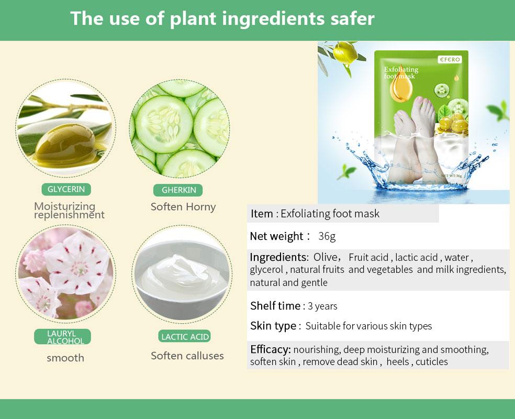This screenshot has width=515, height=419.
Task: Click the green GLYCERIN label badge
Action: click(66, 189)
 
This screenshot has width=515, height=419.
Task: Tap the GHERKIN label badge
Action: click(178, 190)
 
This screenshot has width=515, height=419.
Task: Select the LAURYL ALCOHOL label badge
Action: click(62, 337)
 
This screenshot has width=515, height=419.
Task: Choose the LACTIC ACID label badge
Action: click(184, 337)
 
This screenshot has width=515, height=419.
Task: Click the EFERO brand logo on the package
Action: click(450, 60)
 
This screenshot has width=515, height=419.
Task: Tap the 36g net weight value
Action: click(327, 236)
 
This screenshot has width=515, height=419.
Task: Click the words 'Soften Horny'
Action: click(183, 207)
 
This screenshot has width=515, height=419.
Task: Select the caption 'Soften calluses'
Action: click(187, 356)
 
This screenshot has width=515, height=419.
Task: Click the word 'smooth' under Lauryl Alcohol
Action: click(65, 358)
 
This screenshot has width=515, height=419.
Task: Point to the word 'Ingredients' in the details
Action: click(278, 257)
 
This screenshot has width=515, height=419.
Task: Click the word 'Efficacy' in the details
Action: click(270, 350)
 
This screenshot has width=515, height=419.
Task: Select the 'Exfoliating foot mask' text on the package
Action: click(401, 73)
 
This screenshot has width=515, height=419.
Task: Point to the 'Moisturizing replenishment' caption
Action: click(69, 211)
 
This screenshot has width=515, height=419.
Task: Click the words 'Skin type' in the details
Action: click(273, 326)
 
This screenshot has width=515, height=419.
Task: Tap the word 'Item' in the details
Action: click(262, 214)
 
